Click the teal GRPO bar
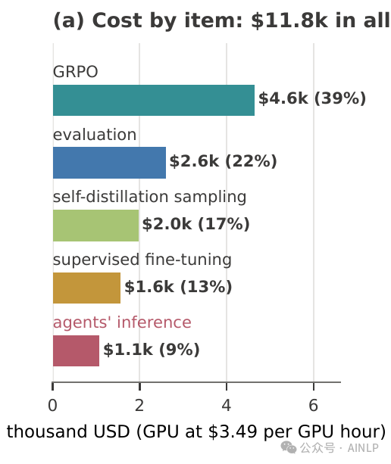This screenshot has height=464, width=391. (x=154, y=101)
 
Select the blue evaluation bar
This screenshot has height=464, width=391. (x=109, y=163)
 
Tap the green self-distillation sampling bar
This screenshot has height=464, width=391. (x=95, y=226)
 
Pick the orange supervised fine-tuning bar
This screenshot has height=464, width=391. (x=87, y=288)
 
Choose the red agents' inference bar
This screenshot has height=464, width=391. (x=76, y=350)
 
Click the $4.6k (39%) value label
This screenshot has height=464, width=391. (x=312, y=98)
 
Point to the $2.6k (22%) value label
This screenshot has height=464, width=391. (x=223, y=161)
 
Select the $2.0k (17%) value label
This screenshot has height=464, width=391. (x=196, y=224)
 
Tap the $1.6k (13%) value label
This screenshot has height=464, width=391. (x=178, y=287)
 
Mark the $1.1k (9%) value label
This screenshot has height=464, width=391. (x=152, y=350)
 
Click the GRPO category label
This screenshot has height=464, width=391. (x=76, y=72)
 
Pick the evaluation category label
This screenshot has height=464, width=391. (x=95, y=135)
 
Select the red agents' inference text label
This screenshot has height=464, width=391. (x=122, y=323)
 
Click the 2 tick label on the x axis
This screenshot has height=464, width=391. (x=139, y=406)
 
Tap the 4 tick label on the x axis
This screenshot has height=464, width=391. (x=227, y=406)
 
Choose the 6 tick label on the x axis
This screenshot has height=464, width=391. (x=314, y=406)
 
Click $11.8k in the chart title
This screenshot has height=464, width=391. (x=289, y=20)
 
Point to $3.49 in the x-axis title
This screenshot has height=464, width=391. (x=233, y=431)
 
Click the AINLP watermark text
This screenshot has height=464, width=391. (x=363, y=447)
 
